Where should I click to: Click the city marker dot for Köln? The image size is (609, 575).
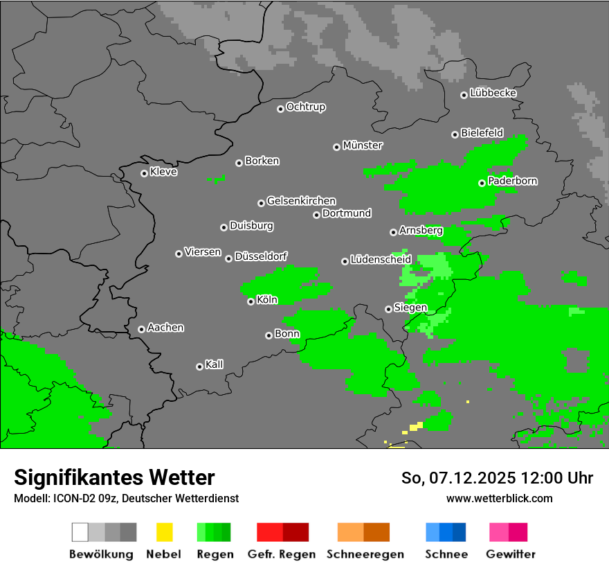click(x=251, y=301)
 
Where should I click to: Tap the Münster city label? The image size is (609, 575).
click(x=363, y=145)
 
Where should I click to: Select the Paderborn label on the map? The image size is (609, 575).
click(x=512, y=181)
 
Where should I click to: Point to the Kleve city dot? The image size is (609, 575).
click(x=144, y=173)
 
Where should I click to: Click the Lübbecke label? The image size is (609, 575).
click(x=493, y=93)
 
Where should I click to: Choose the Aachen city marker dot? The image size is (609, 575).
click(x=141, y=329)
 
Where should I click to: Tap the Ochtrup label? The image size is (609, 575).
click(x=305, y=107)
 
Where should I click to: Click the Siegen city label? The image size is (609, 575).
click(x=410, y=308)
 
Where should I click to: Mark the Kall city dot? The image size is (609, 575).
click(x=199, y=366)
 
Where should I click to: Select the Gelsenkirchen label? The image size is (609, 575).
click(x=301, y=201)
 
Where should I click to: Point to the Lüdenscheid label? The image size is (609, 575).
click(x=381, y=260)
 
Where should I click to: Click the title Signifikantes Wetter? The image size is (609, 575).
click(x=114, y=477)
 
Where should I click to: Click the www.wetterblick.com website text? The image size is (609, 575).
click(x=499, y=498)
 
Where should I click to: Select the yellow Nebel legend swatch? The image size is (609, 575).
click(x=164, y=532)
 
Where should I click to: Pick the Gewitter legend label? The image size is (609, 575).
click(x=511, y=554)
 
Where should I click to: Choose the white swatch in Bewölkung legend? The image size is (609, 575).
click(x=80, y=532)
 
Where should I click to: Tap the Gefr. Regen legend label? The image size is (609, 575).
click(x=282, y=554)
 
